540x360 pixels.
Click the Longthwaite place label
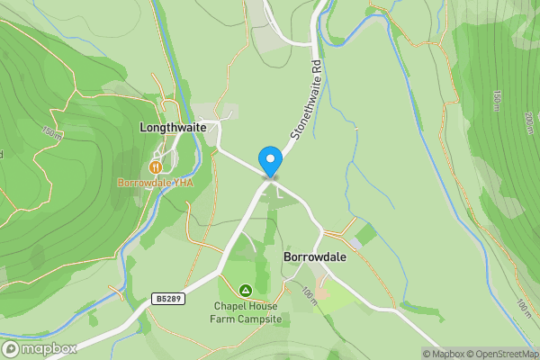click(x=173, y=128)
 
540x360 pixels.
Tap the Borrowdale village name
click(x=314, y=256)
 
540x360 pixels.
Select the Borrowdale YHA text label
click(x=155, y=183)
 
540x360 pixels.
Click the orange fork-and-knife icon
click(x=156, y=166)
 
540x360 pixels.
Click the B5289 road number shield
click(x=168, y=299)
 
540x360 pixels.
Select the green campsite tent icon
click(x=245, y=290)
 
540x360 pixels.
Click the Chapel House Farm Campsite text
click(x=247, y=312)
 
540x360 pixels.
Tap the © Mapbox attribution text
click(x=445, y=354)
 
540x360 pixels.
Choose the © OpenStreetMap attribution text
click(x=504, y=354)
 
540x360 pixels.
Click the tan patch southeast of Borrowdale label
click(x=321, y=293)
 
